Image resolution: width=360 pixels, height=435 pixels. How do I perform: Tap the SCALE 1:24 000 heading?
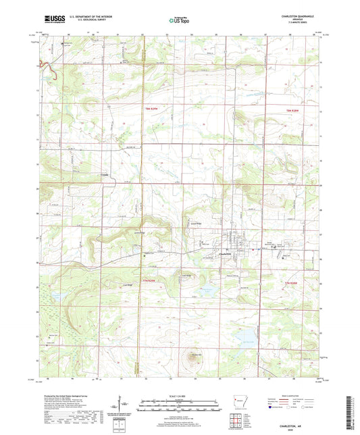coord(179,395)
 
